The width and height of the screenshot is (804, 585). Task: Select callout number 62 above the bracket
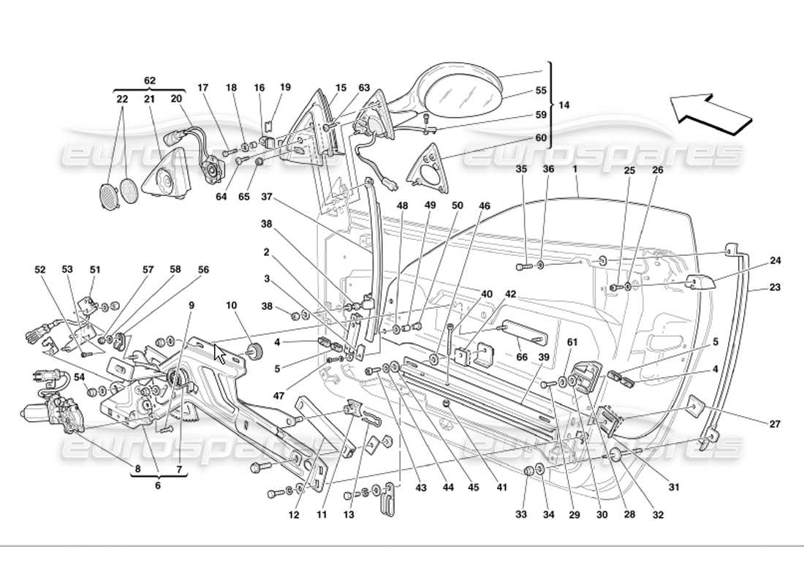point(150,80)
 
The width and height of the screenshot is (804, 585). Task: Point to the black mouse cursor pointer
point(219,353)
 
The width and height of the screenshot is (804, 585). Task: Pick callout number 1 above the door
point(576,169)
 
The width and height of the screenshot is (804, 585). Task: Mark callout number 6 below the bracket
point(158,485)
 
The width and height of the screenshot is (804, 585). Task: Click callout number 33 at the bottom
point(520,515)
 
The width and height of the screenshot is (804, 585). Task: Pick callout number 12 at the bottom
point(294,515)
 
